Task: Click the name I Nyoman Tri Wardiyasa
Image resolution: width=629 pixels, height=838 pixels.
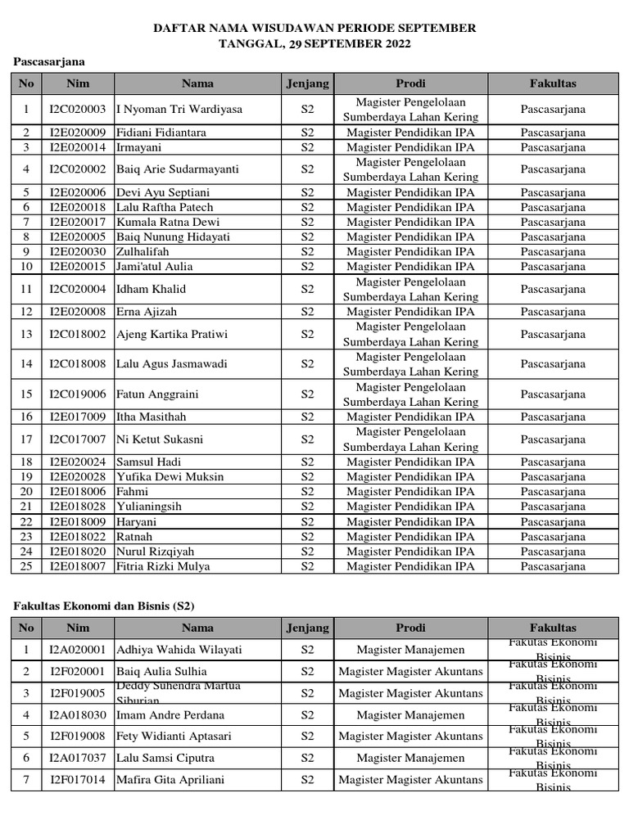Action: click(x=179, y=109)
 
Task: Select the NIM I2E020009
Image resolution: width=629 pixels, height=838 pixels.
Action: click(x=77, y=133)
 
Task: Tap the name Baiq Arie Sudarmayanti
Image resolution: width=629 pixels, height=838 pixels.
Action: click(x=178, y=169)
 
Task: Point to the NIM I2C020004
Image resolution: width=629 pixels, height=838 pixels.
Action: click(x=77, y=289)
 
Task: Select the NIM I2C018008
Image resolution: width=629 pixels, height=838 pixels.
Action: click(x=77, y=364)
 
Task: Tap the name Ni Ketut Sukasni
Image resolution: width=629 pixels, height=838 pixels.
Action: click(x=160, y=439)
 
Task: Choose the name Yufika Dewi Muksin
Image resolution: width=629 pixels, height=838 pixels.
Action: click(x=170, y=477)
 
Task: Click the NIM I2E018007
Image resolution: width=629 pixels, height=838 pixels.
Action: click(x=77, y=566)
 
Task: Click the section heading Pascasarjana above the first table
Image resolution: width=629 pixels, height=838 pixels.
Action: click(x=49, y=61)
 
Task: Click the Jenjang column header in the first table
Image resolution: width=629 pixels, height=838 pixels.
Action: click(x=307, y=83)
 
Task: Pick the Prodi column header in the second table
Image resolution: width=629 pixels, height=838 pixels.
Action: click(x=410, y=628)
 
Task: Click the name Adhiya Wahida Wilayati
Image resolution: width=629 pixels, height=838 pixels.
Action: click(x=179, y=650)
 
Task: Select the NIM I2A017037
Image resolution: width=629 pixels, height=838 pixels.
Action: click(x=77, y=759)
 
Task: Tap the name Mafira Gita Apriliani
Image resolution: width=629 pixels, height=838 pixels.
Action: click(x=170, y=780)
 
